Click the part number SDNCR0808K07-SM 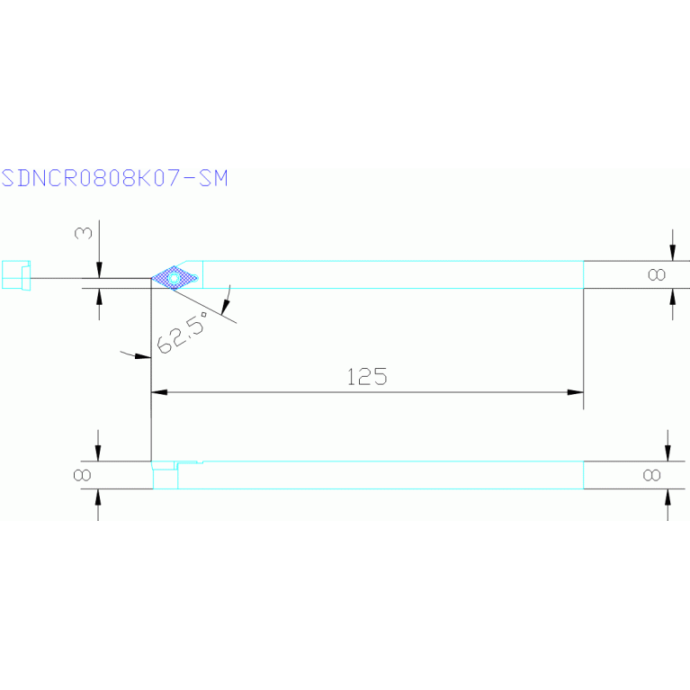tap(114, 178)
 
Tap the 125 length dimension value tap(367, 377)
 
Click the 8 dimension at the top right tap(657, 274)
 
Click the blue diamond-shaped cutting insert tap(175, 278)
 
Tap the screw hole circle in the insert tap(174, 278)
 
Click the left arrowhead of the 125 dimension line tap(159, 392)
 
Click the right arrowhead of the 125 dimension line tap(575, 392)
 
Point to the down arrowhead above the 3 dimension tap(99, 271)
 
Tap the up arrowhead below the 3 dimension tap(99, 296)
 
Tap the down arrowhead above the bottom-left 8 tap(98, 453)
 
